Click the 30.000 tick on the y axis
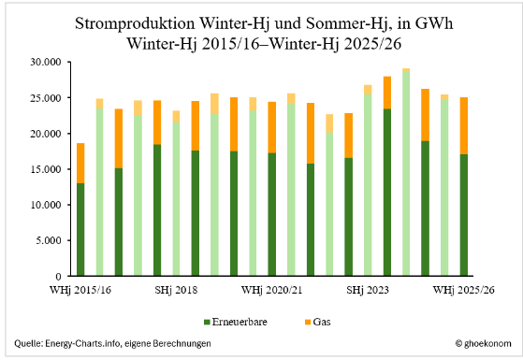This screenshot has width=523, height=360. click(x=46, y=62)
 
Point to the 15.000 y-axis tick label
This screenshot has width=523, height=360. click(x=46, y=169)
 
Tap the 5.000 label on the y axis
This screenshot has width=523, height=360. click(x=49, y=240)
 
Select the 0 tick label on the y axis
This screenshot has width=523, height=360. click(x=59, y=277)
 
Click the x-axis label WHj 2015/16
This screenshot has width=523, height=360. click(x=80, y=290)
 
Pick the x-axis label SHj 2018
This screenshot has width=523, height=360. click(x=176, y=290)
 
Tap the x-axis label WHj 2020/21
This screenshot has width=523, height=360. click(x=272, y=290)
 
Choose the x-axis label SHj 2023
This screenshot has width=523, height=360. click(x=368, y=290)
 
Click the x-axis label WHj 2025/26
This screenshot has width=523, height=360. click(x=464, y=290)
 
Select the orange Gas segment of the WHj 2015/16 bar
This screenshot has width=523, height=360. click(x=80, y=164)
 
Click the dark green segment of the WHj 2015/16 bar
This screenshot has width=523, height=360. click(x=80, y=230)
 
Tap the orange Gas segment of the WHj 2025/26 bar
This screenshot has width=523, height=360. click(x=464, y=126)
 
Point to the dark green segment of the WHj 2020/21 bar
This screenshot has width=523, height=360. click(x=272, y=214)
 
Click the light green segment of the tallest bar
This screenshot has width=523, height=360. click(x=406, y=174)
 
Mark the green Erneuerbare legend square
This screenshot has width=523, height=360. click(x=207, y=322)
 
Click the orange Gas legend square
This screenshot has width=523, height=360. click(x=308, y=322)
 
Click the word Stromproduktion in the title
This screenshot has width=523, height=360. click(x=135, y=24)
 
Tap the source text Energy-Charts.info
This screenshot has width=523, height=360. click(x=82, y=343)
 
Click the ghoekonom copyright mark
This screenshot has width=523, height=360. click(x=483, y=344)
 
